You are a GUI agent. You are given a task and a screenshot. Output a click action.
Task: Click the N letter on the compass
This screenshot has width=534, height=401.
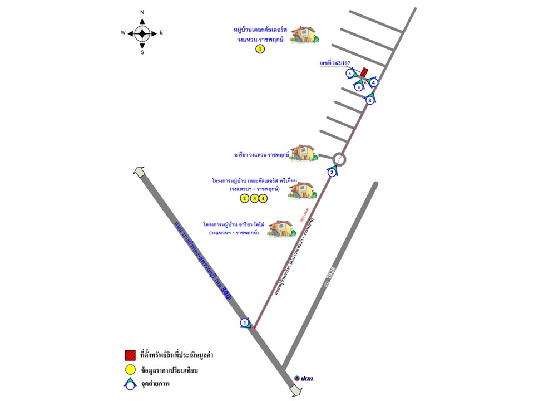[142, 12]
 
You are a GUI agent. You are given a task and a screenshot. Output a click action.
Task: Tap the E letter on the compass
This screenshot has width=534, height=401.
[161, 33]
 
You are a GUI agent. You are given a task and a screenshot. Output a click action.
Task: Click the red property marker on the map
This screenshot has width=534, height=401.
[364, 72]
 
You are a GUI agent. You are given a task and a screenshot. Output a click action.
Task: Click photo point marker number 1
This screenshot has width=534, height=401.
[244, 322]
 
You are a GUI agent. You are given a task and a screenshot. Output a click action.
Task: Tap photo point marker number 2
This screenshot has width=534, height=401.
[332, 172]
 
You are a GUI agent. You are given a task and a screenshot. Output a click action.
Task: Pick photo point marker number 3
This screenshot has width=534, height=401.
[370, 100]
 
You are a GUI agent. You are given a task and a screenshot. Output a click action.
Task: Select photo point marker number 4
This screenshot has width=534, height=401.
[374, 82]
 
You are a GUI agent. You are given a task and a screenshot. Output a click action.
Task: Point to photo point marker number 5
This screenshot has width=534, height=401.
[350, 74]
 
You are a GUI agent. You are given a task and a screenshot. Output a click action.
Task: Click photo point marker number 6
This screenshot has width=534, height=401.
[359, 87]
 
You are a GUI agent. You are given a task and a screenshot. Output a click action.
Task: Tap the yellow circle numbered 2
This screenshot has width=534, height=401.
[244, 198]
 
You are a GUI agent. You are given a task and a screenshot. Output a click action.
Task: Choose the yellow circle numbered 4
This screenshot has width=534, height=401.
[263, 198]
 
